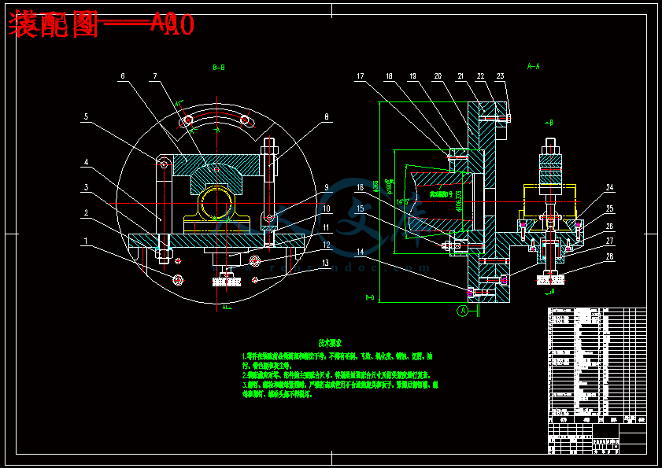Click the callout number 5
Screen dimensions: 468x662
click(x=87, y=117)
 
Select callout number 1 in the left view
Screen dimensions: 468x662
click(x=86, y=241)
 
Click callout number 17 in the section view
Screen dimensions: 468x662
click(x=361, y=76)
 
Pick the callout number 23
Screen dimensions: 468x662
click(x=500, y=76)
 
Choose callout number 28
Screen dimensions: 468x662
click(x=609, y=256)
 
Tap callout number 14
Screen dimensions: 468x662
click(x=361, y=252)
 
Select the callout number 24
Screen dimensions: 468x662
click(x=609, y=187)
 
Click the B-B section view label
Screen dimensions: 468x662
click(x=219, y=68)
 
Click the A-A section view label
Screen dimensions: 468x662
click(x=533, y=67)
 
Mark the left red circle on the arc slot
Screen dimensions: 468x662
click(x=188, y=120)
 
